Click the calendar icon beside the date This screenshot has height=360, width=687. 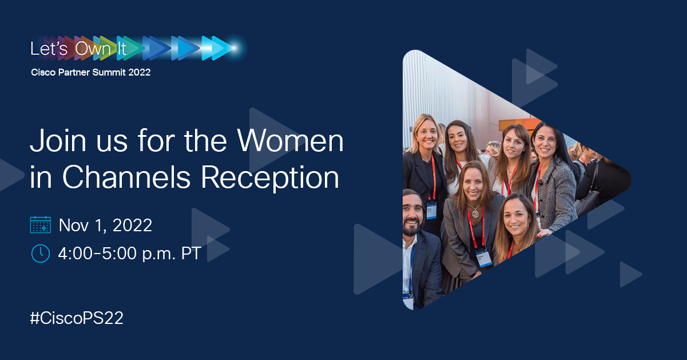tap(41, 225)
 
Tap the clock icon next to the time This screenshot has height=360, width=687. tap(41, 254)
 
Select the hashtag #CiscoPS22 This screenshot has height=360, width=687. tap(77, 318)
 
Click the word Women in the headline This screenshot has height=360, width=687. tap(290, 141)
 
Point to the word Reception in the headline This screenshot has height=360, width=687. tap(270, 178)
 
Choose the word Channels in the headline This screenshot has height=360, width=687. tap(126, 177)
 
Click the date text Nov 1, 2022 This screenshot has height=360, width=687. tap(105, 226)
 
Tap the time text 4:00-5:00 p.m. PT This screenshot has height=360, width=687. tap(129, 254)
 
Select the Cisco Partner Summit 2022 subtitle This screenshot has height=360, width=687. tap(91, 73)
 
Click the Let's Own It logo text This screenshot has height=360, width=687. tap(78, 49)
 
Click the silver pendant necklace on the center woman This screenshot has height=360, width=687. tap(475, 213)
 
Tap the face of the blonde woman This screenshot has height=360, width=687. tap(426, 134)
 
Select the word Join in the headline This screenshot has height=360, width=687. tap(58, 141)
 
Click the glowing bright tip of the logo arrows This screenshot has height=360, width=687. tap(234, 48)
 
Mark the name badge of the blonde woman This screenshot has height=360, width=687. tap(431, 210)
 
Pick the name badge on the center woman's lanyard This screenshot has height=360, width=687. tap(483, 258)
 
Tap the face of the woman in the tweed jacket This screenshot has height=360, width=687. tap(545, 143)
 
